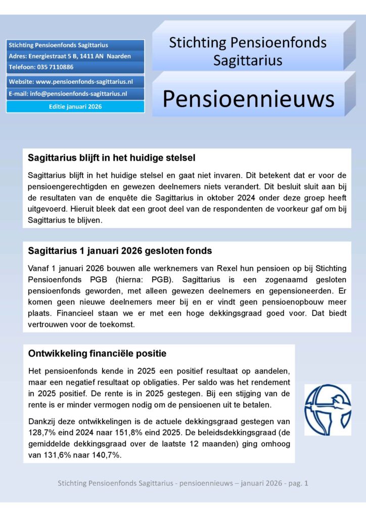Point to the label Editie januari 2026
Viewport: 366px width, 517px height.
pos(75,107)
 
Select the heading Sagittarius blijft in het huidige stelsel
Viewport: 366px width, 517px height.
pos(112,158)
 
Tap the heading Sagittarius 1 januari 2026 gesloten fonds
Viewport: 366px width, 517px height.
pos(120,251)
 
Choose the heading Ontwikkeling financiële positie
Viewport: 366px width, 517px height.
pos(97,353)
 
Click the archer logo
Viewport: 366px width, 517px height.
pos(327,409)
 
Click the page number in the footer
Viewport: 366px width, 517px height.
pos(305,483)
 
